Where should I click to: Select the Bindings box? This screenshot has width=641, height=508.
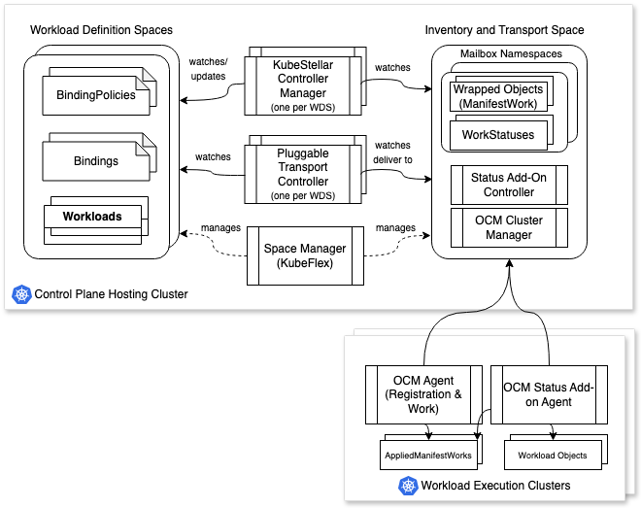click(94, 160)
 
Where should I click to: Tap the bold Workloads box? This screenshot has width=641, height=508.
click(92, 217)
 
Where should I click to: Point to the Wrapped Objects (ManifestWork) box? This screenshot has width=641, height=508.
click(498, 95)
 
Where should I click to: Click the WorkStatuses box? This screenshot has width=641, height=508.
click(498, 135)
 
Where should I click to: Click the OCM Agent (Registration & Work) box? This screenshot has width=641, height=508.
click(422, 394)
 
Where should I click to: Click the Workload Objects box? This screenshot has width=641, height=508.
click(553, 455)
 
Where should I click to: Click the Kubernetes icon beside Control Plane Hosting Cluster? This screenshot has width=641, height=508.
click(19, 293)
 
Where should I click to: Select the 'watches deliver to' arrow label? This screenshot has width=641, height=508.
click(394, 153)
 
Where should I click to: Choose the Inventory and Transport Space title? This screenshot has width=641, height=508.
click(504, 30)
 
